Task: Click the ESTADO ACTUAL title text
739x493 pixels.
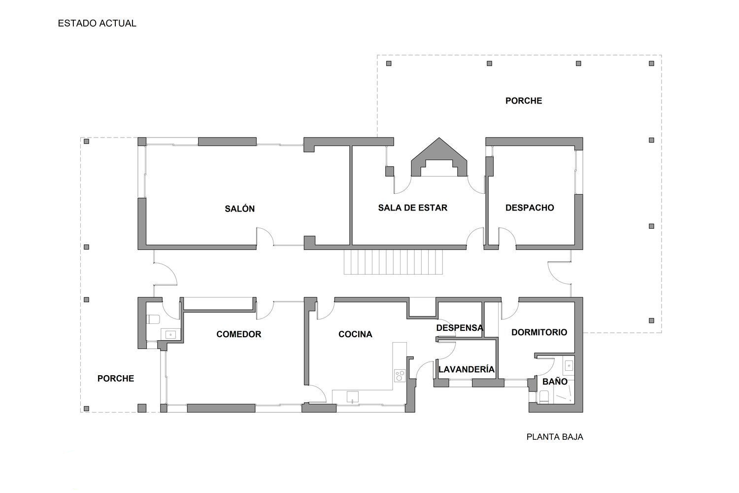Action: (97, 23)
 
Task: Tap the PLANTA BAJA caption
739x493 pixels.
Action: (555, 437)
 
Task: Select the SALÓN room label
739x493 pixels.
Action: (239, 209)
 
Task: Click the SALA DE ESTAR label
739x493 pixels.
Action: (412, 208)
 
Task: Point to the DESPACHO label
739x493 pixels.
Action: (530, 208)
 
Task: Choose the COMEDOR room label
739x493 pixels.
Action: (238, 334)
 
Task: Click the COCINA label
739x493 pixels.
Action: (355, 334)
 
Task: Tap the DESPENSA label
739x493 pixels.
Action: (460, 328)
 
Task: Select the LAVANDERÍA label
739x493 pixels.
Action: (466, 369)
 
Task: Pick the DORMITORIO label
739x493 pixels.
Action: (539, 332)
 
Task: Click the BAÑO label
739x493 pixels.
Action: (555, 382)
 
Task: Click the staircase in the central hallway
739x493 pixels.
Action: (393, 262)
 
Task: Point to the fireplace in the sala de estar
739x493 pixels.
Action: (439, 157)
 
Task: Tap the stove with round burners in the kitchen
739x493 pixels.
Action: (400, 376)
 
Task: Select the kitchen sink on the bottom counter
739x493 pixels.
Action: (353, 397)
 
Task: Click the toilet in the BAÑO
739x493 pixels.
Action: (544, 396)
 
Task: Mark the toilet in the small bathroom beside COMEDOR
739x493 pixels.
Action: (153, 319)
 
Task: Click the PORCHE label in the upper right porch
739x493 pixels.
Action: (524, 101)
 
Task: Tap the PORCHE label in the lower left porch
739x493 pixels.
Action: (115, 379)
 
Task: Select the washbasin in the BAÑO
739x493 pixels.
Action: (569, 365)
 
